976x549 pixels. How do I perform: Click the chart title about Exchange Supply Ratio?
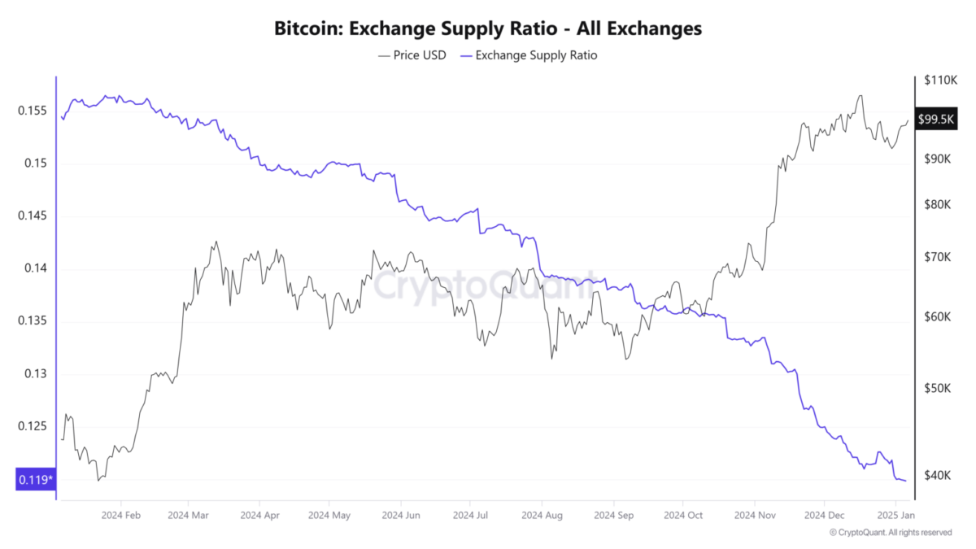coord(487,29)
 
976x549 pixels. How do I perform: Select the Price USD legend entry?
coord(412,55)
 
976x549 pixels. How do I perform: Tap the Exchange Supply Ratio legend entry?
coord(529,55)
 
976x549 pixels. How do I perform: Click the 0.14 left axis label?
coord(35,269)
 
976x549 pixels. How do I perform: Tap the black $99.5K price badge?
coord(935,120)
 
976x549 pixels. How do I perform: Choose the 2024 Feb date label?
coord(122,515)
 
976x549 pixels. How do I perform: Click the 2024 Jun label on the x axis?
coord(401,515)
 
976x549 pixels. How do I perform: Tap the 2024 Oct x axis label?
coord(683,515)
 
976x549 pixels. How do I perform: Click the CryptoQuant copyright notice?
coord(890,533)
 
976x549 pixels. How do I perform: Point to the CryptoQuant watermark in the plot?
coord(485,286)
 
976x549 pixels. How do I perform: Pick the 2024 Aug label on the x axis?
coord(542,515)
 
